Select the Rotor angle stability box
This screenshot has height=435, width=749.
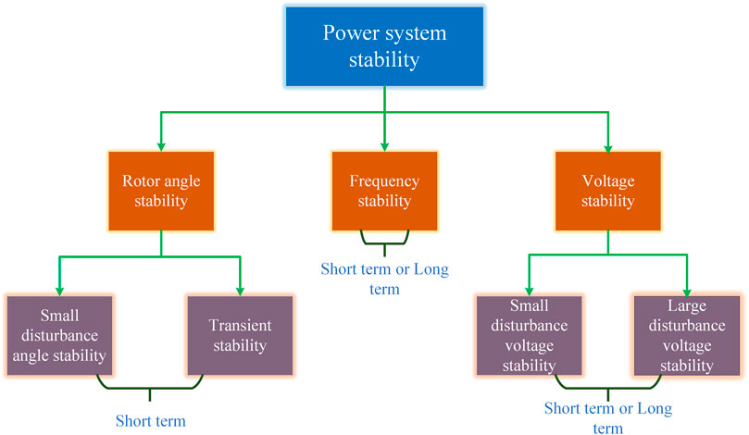point(161,191)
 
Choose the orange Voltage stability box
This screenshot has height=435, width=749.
point(607,191)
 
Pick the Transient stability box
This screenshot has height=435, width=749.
point(240,332)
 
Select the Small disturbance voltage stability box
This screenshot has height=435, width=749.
point(530,332)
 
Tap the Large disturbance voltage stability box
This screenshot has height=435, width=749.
point(688,332)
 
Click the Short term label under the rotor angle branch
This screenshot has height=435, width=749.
point(151,421)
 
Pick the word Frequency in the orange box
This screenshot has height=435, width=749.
point(383,180)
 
